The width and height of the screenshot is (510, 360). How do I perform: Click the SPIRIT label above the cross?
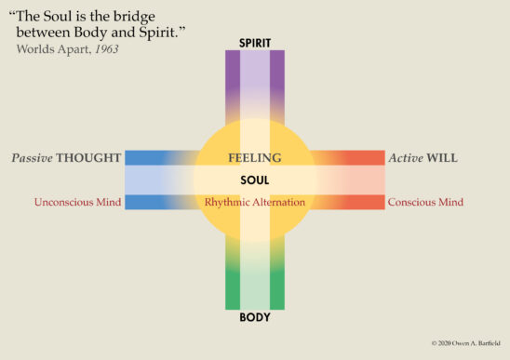(255, 43)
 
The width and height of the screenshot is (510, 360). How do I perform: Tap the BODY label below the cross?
(255, 317)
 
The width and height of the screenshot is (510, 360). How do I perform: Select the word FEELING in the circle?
(255, 158)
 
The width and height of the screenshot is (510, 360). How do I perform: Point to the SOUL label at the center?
(255, 180)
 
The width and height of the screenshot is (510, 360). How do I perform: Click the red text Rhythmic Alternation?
(255, 202)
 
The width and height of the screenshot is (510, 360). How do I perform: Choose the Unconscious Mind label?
(78, 202)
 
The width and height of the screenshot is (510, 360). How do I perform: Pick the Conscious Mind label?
(425, 202)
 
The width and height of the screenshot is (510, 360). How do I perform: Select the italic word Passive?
(32, 158)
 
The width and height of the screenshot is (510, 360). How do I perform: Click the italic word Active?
(405, 158)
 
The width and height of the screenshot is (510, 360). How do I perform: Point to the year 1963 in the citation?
(105, 47)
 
